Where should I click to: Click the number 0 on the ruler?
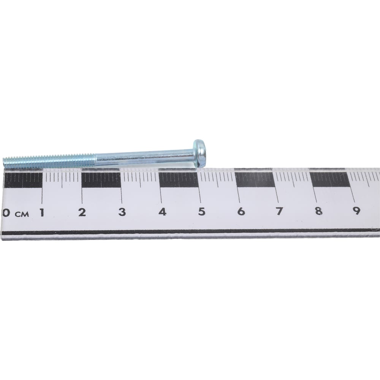tap(6, 213)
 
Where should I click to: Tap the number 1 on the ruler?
tap(42, 212)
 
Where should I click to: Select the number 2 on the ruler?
tap(82, 212)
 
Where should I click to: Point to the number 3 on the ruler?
tap(122, 212)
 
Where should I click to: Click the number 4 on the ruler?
tap(162, 212)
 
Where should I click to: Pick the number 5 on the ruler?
tap(202, 212)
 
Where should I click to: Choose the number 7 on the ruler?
tap(279, 211)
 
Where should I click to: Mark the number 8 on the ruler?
tap(318, 211)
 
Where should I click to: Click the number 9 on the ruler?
tap(356, 211)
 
